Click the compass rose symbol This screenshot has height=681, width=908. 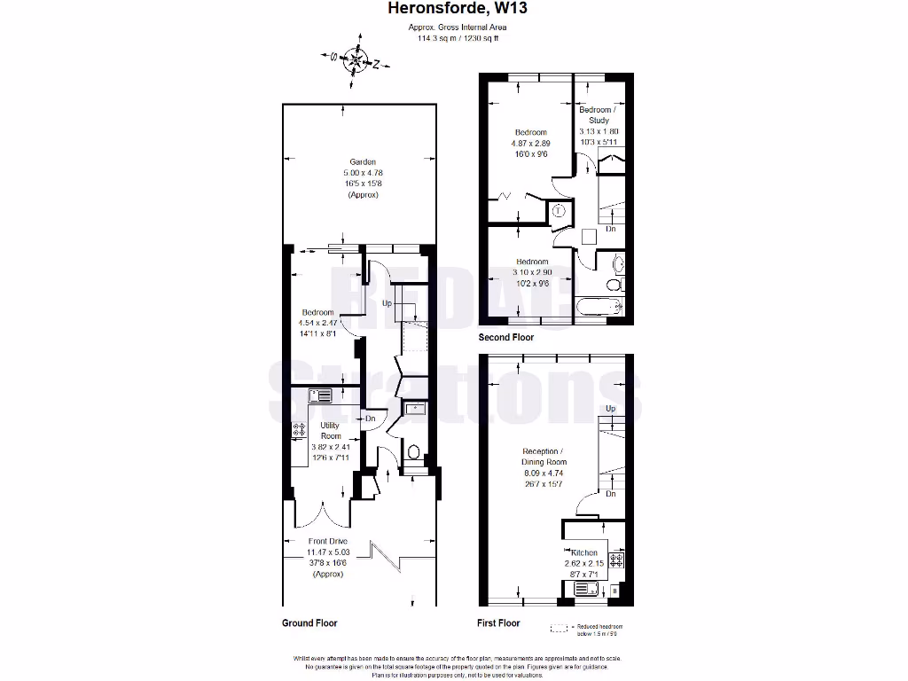tap(355, 61)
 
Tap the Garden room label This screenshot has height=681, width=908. tap(362, 161)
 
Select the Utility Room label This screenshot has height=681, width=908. tap(330, 430)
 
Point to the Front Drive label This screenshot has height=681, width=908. tap(327, 541)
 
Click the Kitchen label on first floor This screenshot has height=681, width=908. tap(584, 552)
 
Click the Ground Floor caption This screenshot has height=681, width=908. tap(309, 623)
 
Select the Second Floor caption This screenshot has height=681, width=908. tap(506, 338)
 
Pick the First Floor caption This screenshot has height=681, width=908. tap(498, 623)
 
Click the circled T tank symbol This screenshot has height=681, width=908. tap(559, 211)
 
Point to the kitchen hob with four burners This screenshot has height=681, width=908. tap(617, 560)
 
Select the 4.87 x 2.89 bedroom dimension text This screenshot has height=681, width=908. tap(531, 143)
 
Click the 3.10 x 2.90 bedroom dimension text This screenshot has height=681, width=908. tap(532, 272)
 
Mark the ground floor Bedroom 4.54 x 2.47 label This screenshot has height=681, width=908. tap(317, 312)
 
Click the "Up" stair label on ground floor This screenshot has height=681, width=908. tap(387, 304)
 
